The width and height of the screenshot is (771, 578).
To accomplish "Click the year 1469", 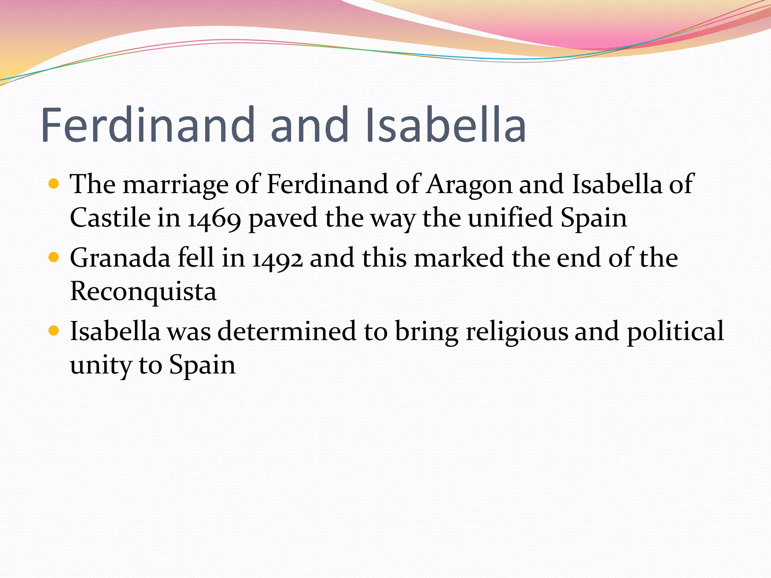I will tap(214, 219).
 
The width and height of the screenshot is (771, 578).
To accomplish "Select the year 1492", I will tap(277, 259).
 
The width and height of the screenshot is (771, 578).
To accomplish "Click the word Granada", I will tap(120, 259).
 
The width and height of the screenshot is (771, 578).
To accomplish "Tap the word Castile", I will tap(110, 218).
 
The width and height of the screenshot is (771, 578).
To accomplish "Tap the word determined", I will tap(286, 332).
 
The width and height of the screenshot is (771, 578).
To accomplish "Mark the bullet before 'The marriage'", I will tap(54, 184).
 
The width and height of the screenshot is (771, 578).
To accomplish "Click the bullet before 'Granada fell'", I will tap(54, 257).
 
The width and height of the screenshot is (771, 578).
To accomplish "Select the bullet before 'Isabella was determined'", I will tap(54, 331).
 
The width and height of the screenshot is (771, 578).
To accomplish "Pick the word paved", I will tap(283, 219).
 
